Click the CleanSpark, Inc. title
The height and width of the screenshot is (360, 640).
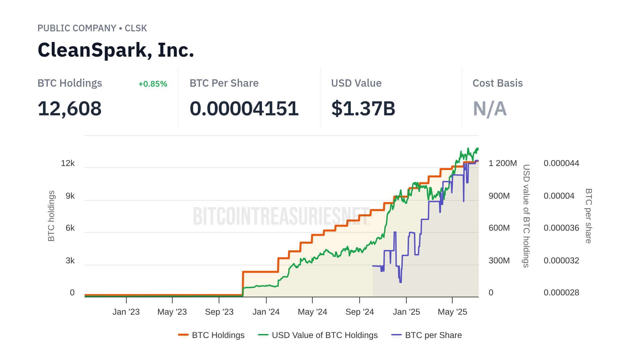pyautogui.click(x=116, y=50)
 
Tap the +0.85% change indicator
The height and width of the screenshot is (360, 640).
pyautogui.click(x=153, y=84)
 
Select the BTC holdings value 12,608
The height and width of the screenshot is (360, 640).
pyautogui.click(x=69, y=109)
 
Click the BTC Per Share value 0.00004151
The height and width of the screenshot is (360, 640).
pyautogui.click(x=244, y=109)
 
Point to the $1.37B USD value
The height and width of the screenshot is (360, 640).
pyautogui.click(x=363, y=109)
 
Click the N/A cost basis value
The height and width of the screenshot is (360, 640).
pyautogui.click(x=490, y=109)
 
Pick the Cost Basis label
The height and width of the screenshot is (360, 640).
pyautogui.click(x=497, y=83)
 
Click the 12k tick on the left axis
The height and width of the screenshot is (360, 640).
pyautogui.click(x=68, y=163)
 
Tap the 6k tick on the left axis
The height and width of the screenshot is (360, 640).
pyautogui.click(x=70, y=228)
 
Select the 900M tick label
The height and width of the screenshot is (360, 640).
pyautogui.click(x=499, y=196)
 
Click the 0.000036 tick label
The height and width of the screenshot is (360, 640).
pyautogui.click(x=561, y=228)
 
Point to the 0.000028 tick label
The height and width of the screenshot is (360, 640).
pyautogui.click(x=561, y=293)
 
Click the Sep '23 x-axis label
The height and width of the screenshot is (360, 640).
pyautogui.click(x=219, y=312)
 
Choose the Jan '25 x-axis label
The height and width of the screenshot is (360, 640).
pyautogui.click(x=406, y=312)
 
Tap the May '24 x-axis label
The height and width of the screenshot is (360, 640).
pyautogui.click(x=312, y=312)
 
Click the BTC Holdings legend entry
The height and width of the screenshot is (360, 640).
pyautogui.click(x=211, y=335)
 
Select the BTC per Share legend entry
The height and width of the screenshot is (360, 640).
pyautogui.click(x=427, y=335)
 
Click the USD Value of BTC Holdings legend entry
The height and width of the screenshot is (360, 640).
pyautogui.click(x=318, y=335)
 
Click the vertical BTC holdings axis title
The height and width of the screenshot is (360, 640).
pyautogui.click(x=51, y=216)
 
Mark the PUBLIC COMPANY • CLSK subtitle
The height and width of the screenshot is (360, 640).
pyautogui.click(x=92, y=28)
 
